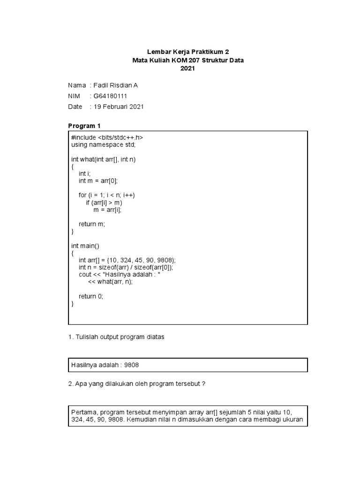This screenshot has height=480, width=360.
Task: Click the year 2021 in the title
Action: click(x=187, y=69)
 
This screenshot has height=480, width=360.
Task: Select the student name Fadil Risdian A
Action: click(x=115, y=85)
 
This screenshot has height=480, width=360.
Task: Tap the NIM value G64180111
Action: click(x=110, y=96)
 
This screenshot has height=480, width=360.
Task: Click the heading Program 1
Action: click(x=84, y=126)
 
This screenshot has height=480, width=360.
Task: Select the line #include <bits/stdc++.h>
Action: click(x=107, y=138)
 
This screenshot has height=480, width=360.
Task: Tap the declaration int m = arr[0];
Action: click(x=98, y=180)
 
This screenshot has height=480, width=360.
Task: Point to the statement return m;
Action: click(x=92, y=224)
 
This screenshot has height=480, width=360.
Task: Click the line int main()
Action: click(x=85, y=246)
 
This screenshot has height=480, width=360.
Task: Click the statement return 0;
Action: click(x=90, y=296)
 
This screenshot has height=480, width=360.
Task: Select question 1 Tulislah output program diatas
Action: click(x=116, y=337)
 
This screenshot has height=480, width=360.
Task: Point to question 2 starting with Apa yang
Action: click(x=137, y=383)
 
